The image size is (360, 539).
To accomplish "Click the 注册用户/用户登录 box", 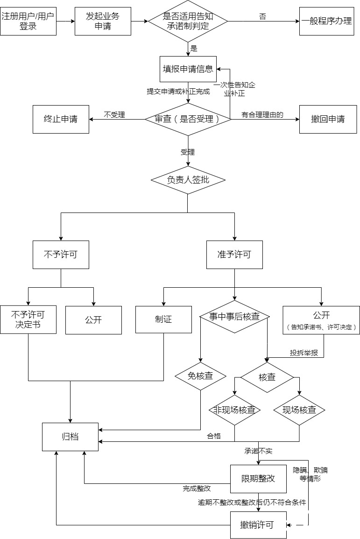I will click(x=28, y=21).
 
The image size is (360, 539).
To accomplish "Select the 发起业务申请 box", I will click(x=103, y=21).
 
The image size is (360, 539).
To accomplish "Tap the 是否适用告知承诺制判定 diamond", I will click(x=188, y=21).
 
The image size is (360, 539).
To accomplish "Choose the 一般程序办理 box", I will click(x=327, y=21).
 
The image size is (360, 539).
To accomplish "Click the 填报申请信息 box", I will click(x=188, y=69).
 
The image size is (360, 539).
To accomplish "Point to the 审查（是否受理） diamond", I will click(x=188, y=119).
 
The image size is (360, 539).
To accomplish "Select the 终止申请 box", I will click(x=61, y=119).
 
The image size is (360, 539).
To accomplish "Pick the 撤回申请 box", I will click(x=328, y=119).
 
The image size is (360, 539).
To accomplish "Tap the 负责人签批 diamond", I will click(x=188, y=180).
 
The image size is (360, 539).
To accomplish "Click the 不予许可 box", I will click(x=61, y=255).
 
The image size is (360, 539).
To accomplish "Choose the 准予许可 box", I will click(x=234, y=255).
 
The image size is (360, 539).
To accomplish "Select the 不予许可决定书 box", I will click(x=28, y=320).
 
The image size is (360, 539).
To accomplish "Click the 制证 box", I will click(x=163, y=320).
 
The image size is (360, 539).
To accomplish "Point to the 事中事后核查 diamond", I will click(x=234, y=317).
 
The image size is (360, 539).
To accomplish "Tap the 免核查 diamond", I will click(x=200, y=376).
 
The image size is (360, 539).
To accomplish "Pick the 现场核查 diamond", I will click(x=299, y=410).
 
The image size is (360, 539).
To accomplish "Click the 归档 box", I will click(x=70, y=437).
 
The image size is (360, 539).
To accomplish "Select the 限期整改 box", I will click(x=258, y=479).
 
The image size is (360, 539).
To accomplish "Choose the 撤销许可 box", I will click(x=258, y=525).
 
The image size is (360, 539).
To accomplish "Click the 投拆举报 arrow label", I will click(x=304, y=353).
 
